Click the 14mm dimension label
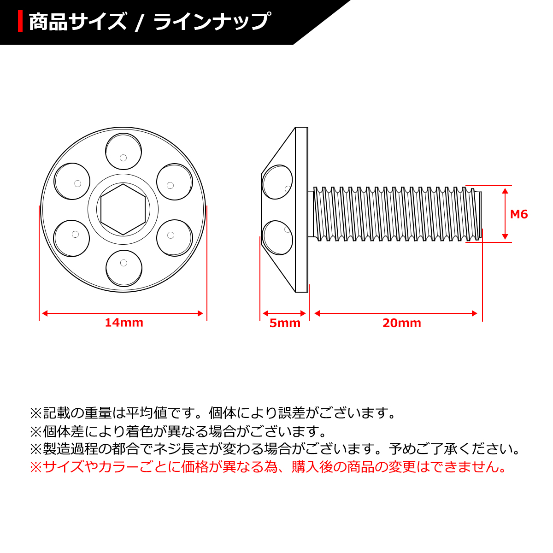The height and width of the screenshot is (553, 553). (124, 323)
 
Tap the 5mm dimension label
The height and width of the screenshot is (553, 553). (285, 323)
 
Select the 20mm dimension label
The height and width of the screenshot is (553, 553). (401, 323)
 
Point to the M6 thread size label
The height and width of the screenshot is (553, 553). (519, 214)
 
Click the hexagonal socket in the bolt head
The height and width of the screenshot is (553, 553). (124, 209)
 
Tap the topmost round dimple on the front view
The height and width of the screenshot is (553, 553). (123, 152)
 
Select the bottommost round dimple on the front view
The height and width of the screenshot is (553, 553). (123, 268)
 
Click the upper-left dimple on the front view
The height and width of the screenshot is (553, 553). (72, 181)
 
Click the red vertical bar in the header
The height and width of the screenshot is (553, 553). (20, 22)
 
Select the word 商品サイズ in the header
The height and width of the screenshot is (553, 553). (77, 22)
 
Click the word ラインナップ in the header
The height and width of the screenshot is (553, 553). (211, 22)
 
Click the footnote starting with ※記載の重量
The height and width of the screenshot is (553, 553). (212, 412)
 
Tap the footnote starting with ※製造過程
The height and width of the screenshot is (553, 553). (275, 449)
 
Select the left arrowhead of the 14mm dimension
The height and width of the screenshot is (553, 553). (44, 313)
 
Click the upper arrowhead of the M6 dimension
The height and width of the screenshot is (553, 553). (505, 189)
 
